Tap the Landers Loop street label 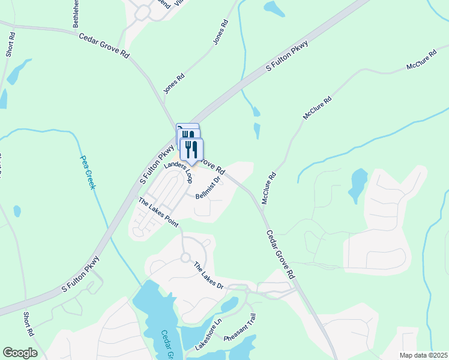(178, 172)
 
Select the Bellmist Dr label (209, 190)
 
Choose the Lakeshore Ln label (208, 334)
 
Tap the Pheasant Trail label (241, 328)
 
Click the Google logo (20, 353)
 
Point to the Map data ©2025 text (423, 355)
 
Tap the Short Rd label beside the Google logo (28, 324)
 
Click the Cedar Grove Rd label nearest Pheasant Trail (280, 254)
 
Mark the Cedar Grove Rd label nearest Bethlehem (104, 46)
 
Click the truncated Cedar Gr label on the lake (167, 344)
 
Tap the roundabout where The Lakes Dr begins (183, 258)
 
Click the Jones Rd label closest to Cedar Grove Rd (174, 84)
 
